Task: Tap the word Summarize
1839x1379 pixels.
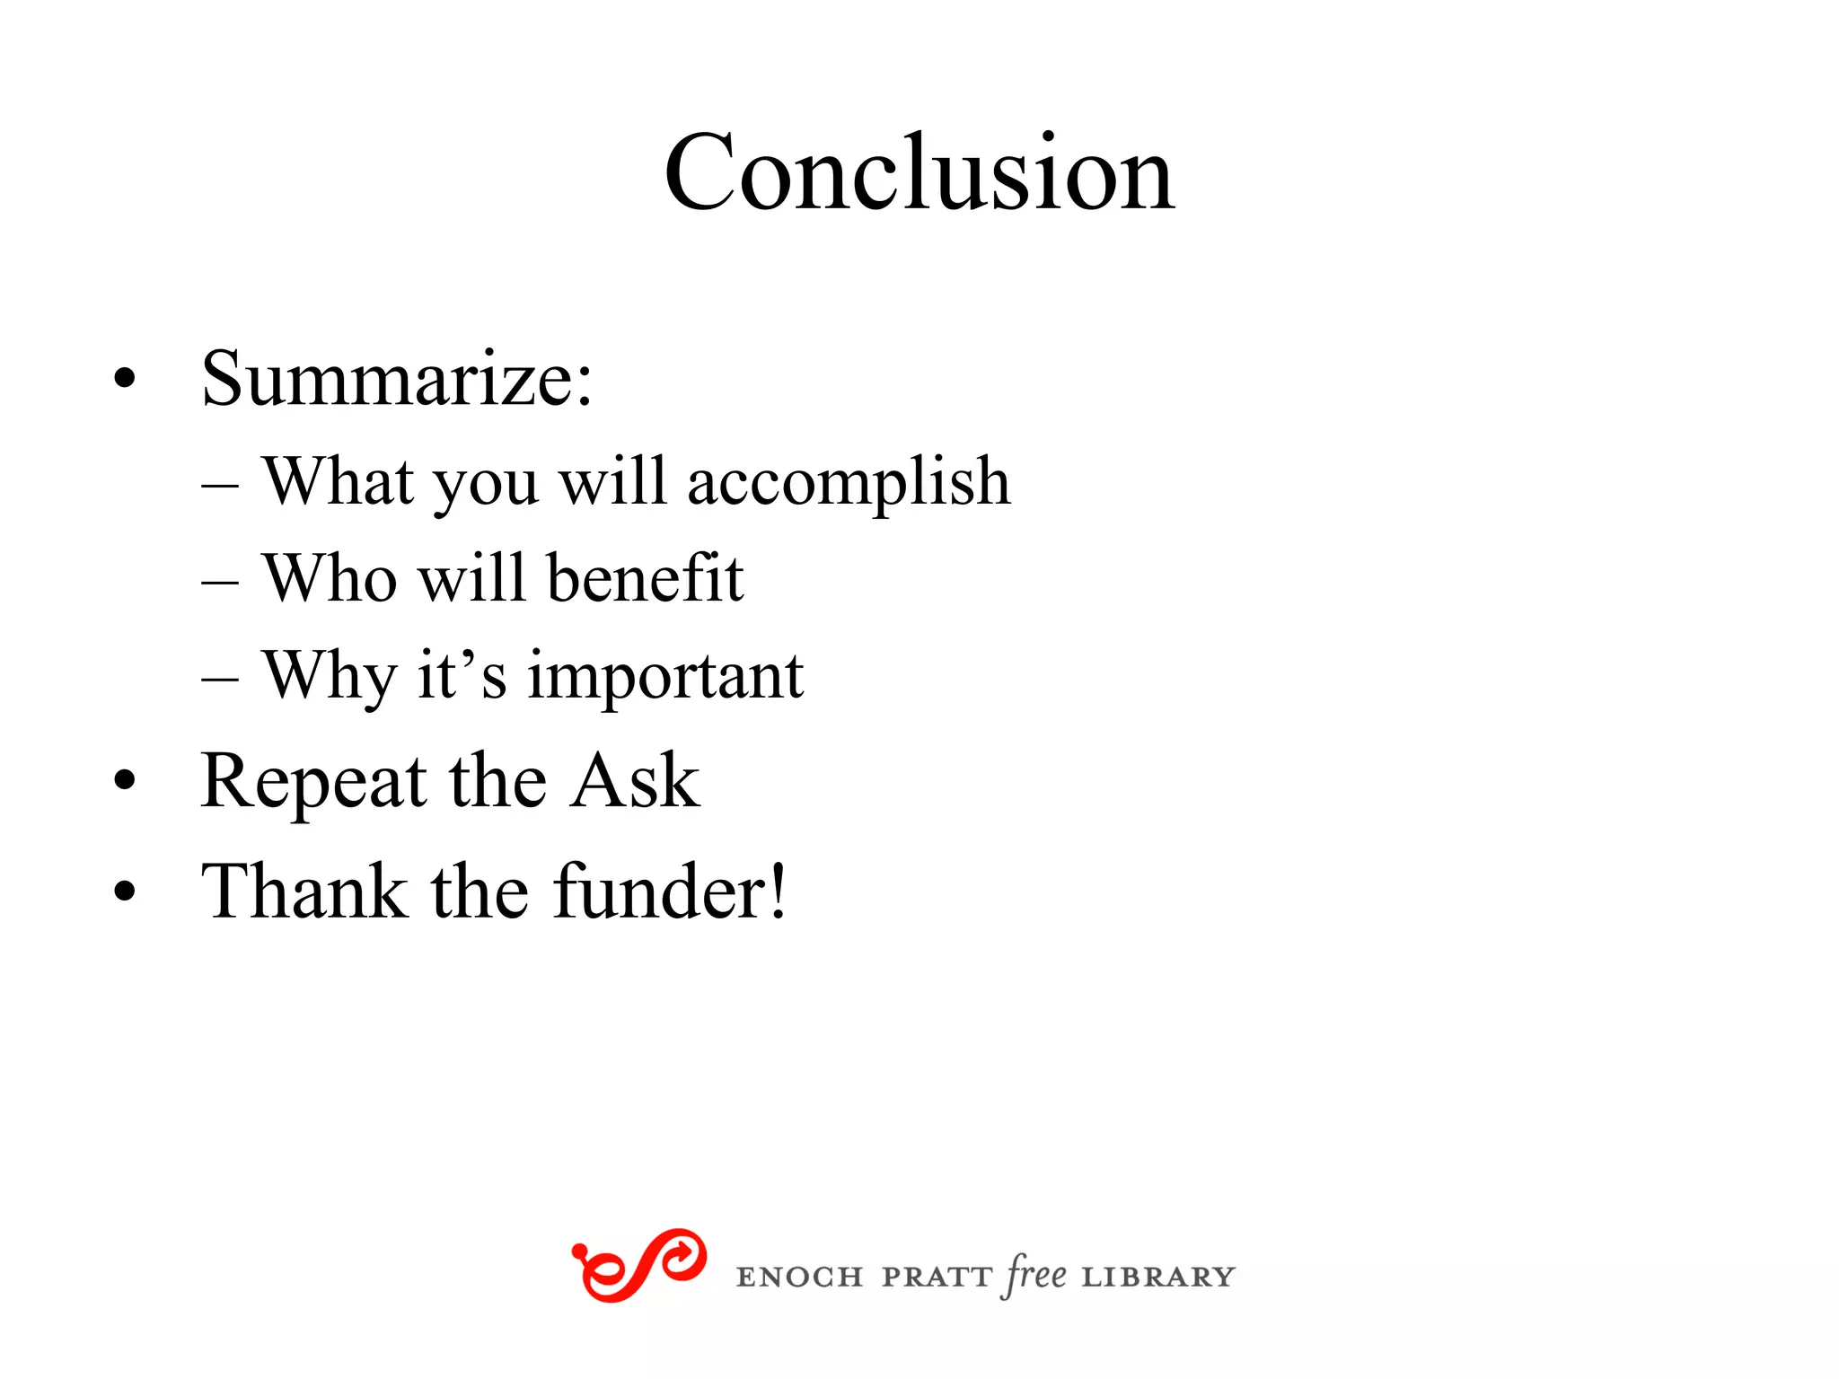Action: pyautogui.click(x=396, y=379)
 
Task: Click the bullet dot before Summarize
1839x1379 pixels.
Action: pyautogui.click(x=125, y=379)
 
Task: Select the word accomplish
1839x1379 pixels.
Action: pyautogui.click(x=849, y=483)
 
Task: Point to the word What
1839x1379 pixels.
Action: pyautogui.click(x=339, y=481)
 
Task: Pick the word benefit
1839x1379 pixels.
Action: pyautogui.click(x=645, y=578)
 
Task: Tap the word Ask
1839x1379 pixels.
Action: pyautogui.click(x=636, y=781)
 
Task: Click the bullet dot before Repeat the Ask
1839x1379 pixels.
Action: pyautogui.click(x=125, y=781)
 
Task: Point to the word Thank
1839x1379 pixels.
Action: pyautogui.click(x=304, y=892)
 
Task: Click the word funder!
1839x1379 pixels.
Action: pyautogui.click(x=670, y=892)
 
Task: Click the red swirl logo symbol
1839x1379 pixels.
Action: pyautogui.click(x=638, y=1265)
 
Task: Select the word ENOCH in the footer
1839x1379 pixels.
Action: pyautogui.click(x=799, y=1277)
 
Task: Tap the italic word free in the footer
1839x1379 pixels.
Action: pyautogui.click(x=1036, y=1275)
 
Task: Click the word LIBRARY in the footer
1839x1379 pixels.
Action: pyautogui.click(x=1158, y=1277)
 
